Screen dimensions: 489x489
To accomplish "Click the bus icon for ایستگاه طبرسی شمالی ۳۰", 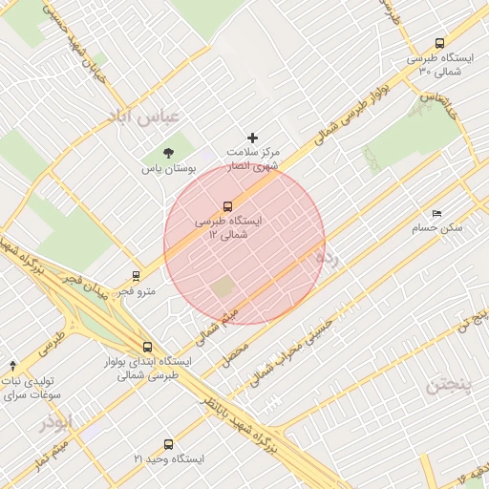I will (x=439, y=43).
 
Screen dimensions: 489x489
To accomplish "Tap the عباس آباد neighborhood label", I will (x=147, y=119).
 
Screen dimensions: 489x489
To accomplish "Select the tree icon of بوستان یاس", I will (x=169, y=152).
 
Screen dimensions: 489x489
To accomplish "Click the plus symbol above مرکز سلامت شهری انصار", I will (x=253, y=138).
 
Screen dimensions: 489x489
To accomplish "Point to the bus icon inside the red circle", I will (x=227, y=205).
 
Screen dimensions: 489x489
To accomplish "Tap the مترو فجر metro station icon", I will (x=135, y=276).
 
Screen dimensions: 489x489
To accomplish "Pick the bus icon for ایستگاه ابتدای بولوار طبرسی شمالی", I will (x=146, y=348).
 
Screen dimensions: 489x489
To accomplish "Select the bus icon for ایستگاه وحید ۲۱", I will (x=169, y=444).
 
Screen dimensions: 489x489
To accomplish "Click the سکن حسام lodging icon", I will (x=437, y=213).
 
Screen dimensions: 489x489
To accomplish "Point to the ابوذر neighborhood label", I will (x=55, y=422).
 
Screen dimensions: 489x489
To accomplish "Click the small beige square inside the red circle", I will (x=223, y=287).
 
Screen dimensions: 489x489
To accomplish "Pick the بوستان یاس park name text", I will (x=168, y=168).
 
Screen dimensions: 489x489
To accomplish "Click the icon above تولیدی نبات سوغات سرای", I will (x=12, y=366).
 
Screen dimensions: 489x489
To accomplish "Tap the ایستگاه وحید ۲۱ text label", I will (x=169, y=459).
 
